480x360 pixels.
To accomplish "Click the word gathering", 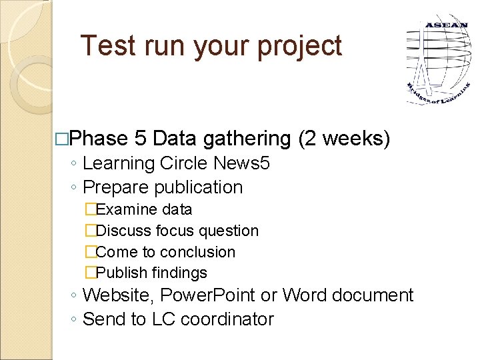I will point(247,139).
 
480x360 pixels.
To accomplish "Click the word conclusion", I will point(198,252).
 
